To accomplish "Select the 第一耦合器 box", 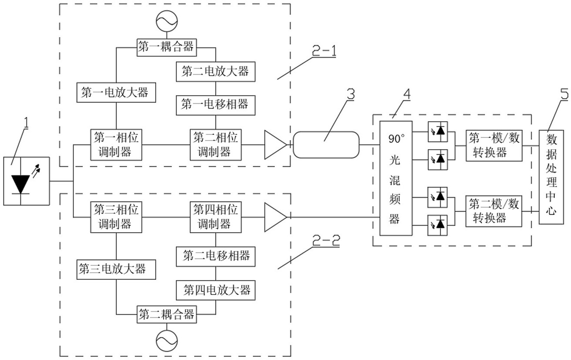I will [166, 47].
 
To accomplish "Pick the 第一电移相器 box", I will [215, 104].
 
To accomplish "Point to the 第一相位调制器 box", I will [116, 145].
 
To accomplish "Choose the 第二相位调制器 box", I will [215, 145].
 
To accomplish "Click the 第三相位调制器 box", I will [116, 217].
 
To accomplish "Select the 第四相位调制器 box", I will [215, 217].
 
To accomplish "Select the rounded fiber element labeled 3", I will [326, 145].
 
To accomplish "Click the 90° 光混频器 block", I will [395, 178].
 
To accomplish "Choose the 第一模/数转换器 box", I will [494, 145].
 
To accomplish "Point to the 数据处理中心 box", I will [551, 177].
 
